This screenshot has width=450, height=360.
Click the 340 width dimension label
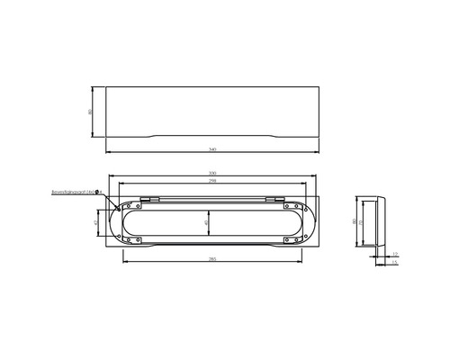pos(212,148)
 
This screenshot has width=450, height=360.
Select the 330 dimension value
pos(212,173)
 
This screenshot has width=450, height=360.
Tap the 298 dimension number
pos(212,182)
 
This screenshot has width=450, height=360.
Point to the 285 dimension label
pos(212,259)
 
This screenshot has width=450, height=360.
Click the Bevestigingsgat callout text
pos(76,192)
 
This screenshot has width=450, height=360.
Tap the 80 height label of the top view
pos(91,111)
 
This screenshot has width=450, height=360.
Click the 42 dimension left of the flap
pos(97,220)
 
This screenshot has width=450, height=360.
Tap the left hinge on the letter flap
pos(149,198)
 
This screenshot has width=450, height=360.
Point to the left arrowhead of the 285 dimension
pos(123,262)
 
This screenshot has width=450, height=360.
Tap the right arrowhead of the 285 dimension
pos(301,262)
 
